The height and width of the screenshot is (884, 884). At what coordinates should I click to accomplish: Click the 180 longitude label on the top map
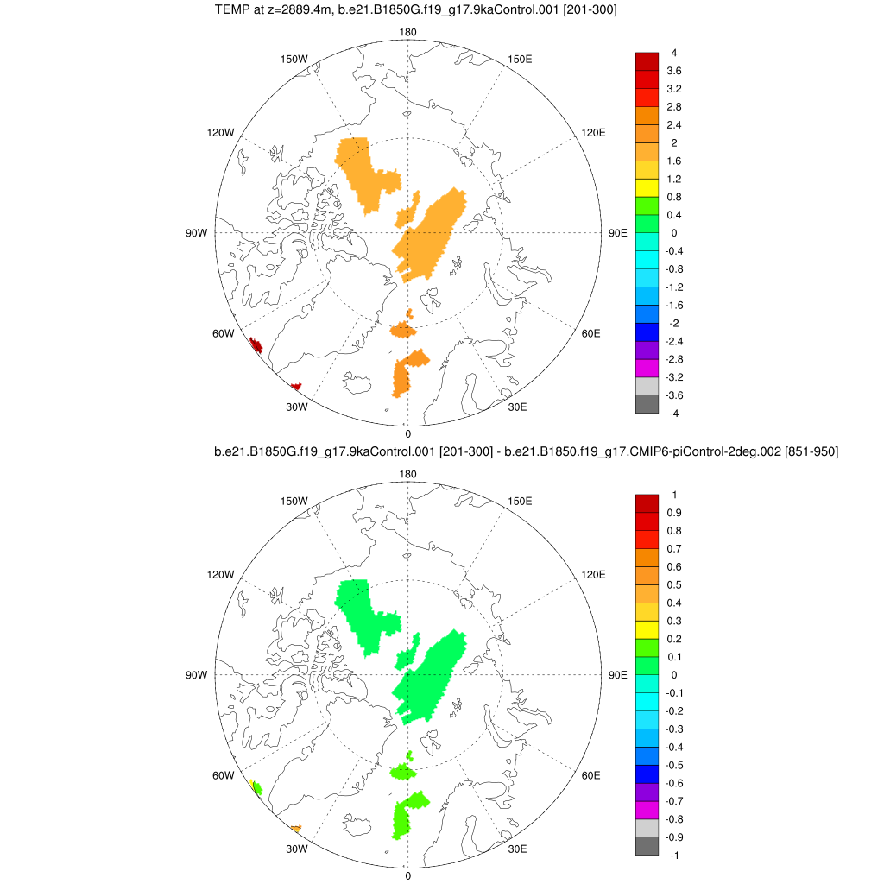tap(407, 33)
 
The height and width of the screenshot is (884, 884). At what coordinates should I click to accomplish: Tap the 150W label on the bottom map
tap(295, 502)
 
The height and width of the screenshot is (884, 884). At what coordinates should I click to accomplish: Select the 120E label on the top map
tap(594, 132)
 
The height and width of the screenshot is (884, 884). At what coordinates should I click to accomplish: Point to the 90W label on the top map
tap(197, 233)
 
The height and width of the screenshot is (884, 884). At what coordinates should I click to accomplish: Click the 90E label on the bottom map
tap(617, 675)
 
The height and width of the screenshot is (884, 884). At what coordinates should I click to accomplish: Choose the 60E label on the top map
tap(591, 333)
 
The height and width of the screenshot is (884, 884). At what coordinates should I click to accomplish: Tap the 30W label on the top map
tap(297, 407)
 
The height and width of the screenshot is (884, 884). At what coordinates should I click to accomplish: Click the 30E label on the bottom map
tap(517, 849)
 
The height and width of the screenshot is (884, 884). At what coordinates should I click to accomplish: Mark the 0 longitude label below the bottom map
tap(407, 875)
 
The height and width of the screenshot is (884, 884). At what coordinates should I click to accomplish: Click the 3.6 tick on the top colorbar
tap(674, 71)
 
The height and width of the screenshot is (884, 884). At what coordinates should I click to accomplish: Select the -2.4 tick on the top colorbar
tap(674, 341)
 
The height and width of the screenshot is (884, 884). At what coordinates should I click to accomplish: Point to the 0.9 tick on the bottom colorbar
tap(674, 513)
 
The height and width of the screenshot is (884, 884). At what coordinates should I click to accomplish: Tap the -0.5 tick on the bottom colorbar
tap(674, 765)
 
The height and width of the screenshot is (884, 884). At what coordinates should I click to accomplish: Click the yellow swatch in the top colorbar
tap(647, 187)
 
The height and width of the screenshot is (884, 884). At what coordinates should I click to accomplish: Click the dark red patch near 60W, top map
tap(256, 346)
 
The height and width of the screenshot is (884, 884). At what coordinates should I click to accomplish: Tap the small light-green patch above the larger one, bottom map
tap(402, 771)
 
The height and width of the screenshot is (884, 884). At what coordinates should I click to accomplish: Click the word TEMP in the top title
tap(229, 10)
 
